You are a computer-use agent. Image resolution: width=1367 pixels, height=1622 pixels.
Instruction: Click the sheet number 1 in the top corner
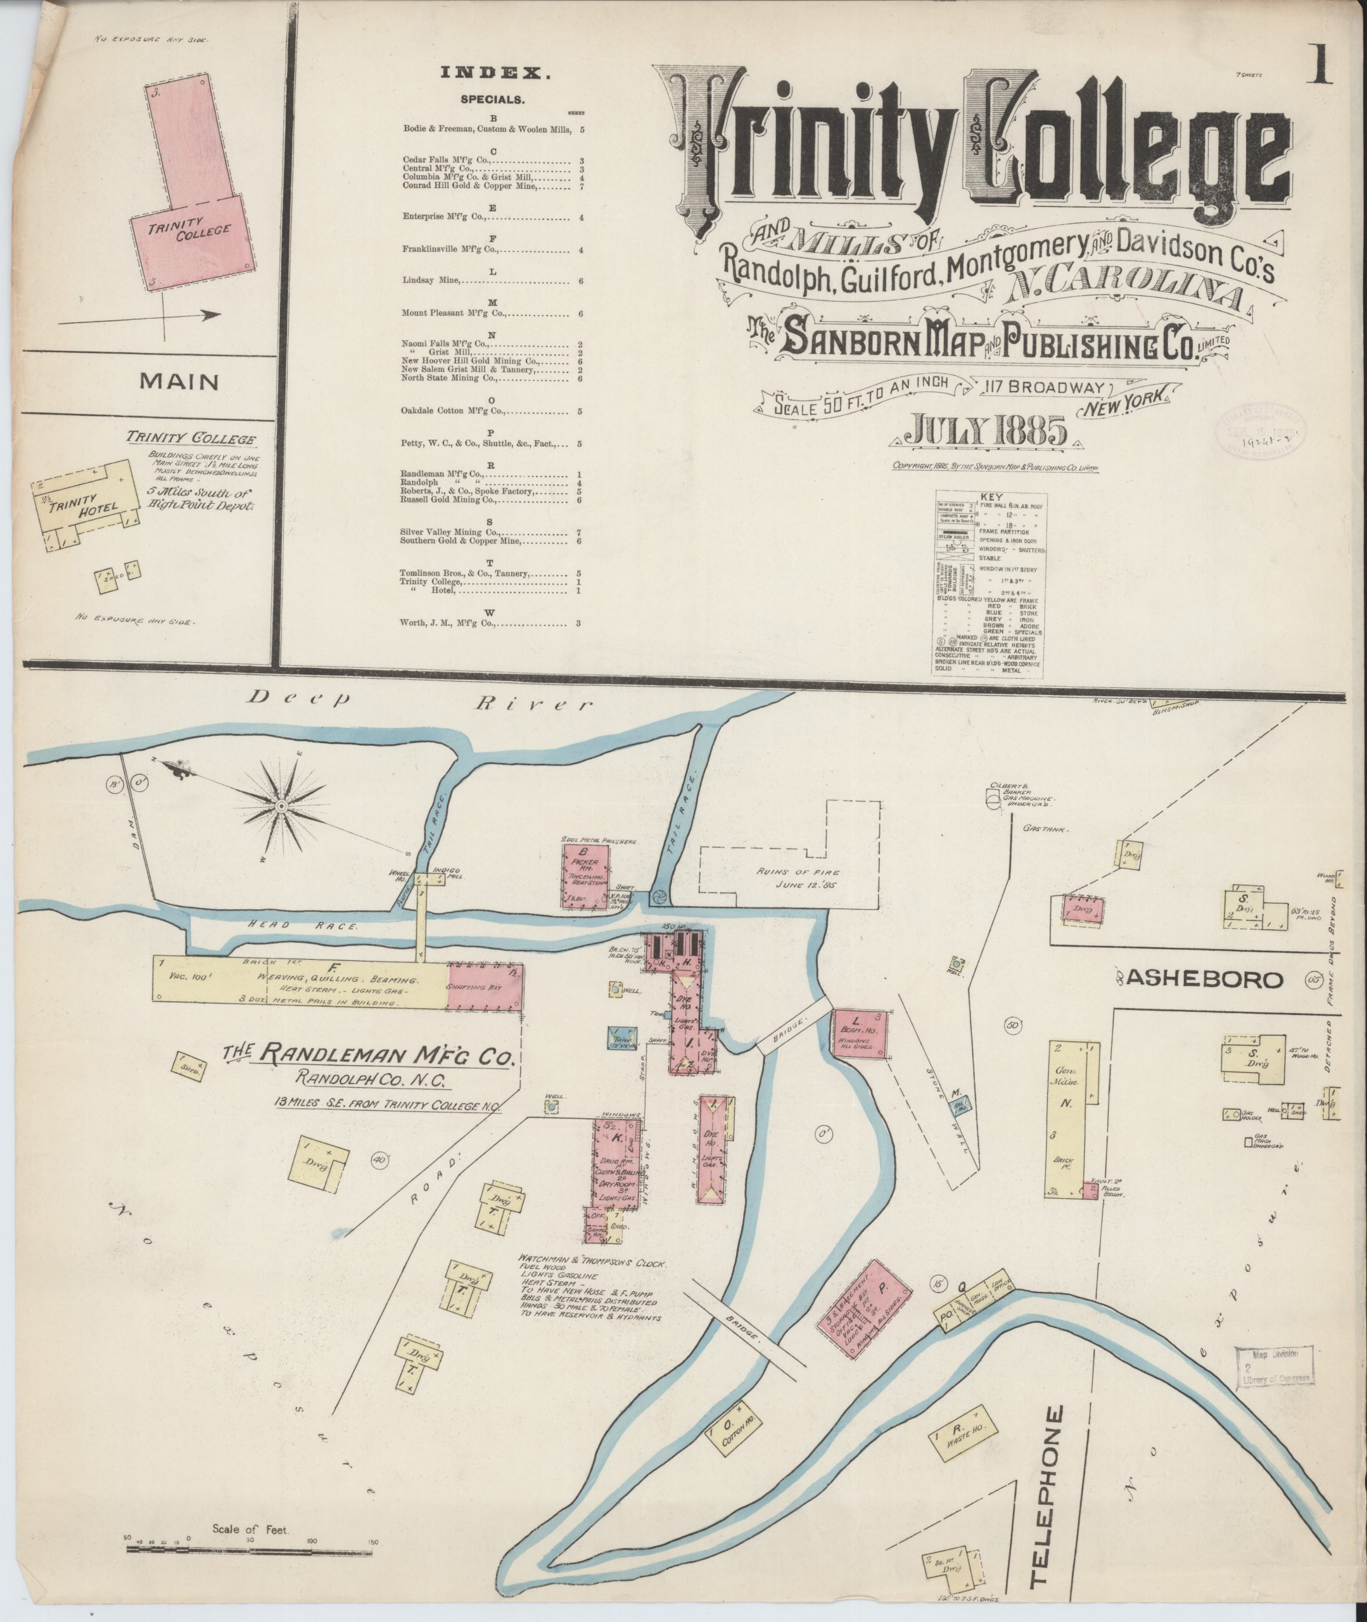[1318, 66]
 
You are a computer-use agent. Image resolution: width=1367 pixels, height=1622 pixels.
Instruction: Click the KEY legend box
[989, 584]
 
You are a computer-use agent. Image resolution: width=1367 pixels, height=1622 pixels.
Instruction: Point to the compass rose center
[280, 807]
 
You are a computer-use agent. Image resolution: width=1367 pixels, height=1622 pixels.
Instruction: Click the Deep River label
[419, 702]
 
